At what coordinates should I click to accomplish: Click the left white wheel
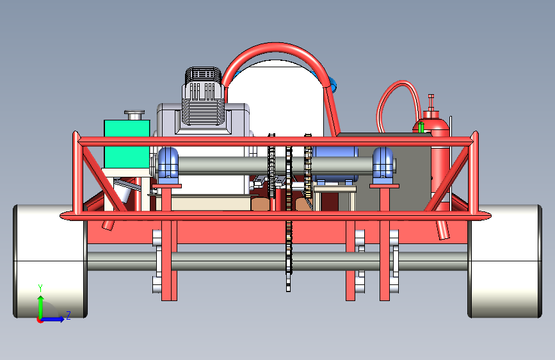[x=49, y=261]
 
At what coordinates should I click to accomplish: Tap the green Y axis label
[x=40, y=288]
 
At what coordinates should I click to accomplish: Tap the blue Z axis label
[x=68, y=315]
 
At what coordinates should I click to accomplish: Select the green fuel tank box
[x=127, y=143]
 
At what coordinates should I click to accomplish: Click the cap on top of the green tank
[x=134, y=115]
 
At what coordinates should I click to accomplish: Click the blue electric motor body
[x=335, y=165]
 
